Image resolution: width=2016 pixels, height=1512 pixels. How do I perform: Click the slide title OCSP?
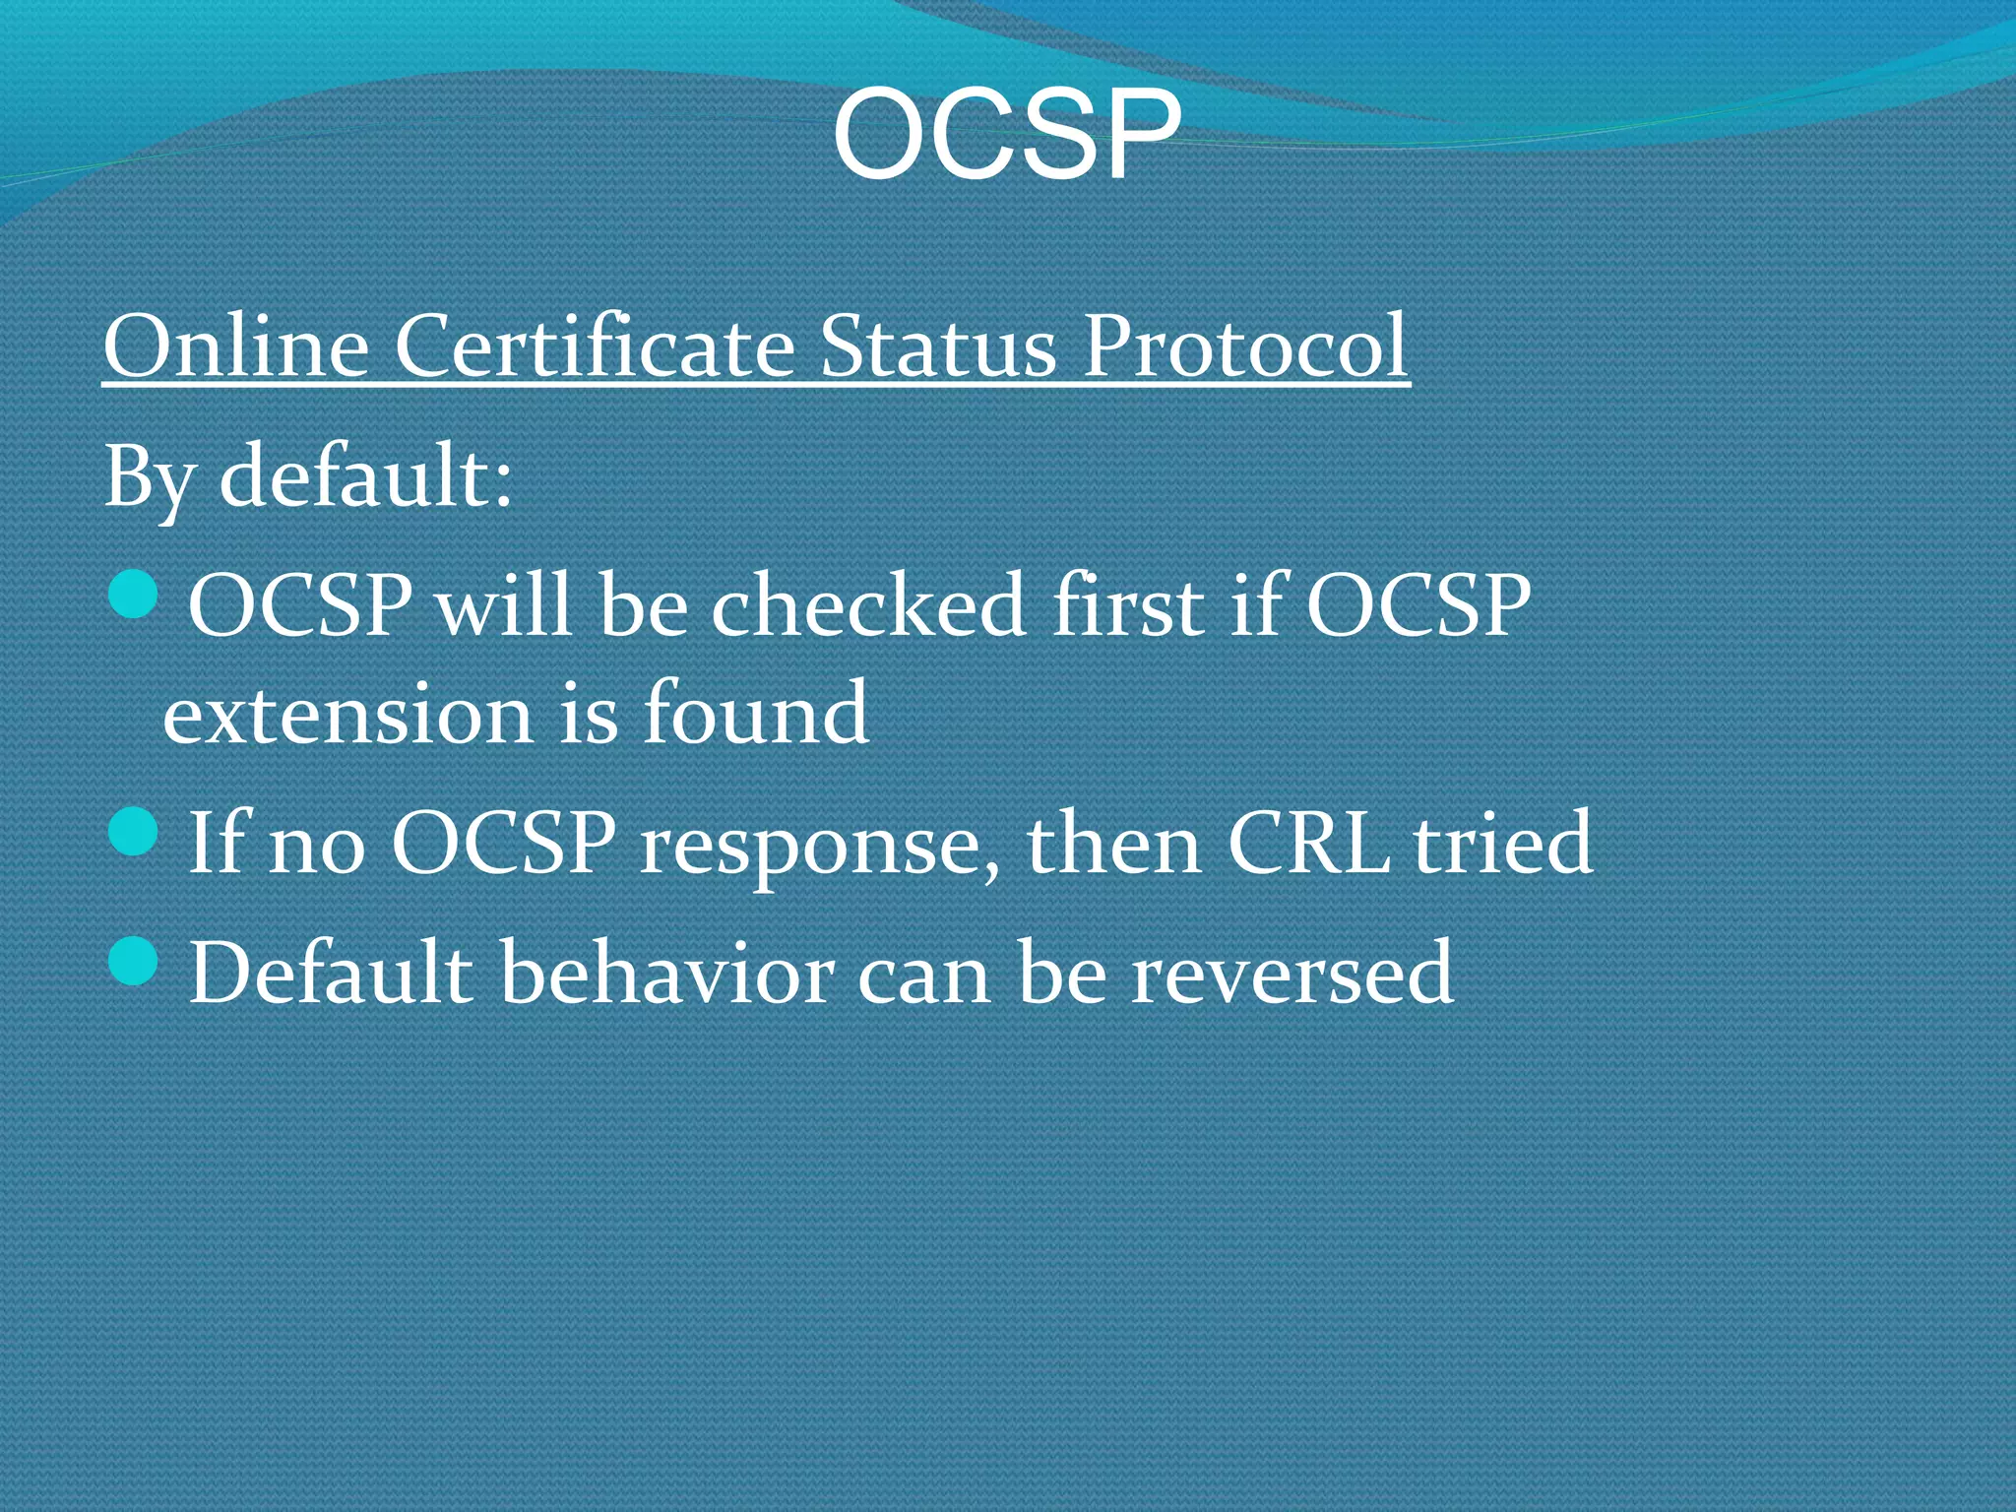tap(1006, 135)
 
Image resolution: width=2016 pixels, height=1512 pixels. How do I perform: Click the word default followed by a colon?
tap(365, 476)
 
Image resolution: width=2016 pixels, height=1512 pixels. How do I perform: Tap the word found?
tap(755, 713)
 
